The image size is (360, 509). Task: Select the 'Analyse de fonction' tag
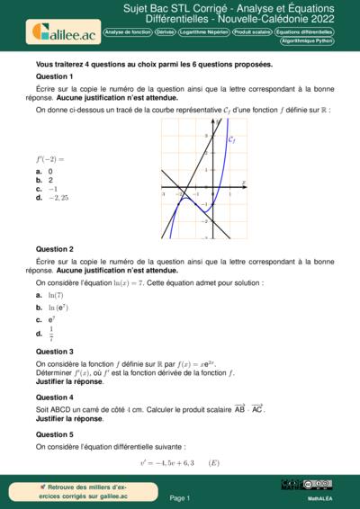(x=128, y=31)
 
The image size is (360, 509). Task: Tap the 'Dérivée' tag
(x=166, y=31)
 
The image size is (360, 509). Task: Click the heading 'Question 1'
(x=54, y=77)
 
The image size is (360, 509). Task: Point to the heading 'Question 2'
(x=54, y=249)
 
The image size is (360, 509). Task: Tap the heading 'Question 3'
(x=54, y=352)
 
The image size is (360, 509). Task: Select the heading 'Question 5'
(x=54, y=433)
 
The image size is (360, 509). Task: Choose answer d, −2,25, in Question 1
(x=58, y=198)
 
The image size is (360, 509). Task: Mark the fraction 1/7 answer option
(x=51, y=333)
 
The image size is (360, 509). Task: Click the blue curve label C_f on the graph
(x=231, y=140)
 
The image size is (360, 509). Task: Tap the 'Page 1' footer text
(x=180, y=497)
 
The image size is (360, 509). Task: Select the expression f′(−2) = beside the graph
(x=50, y=159)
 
